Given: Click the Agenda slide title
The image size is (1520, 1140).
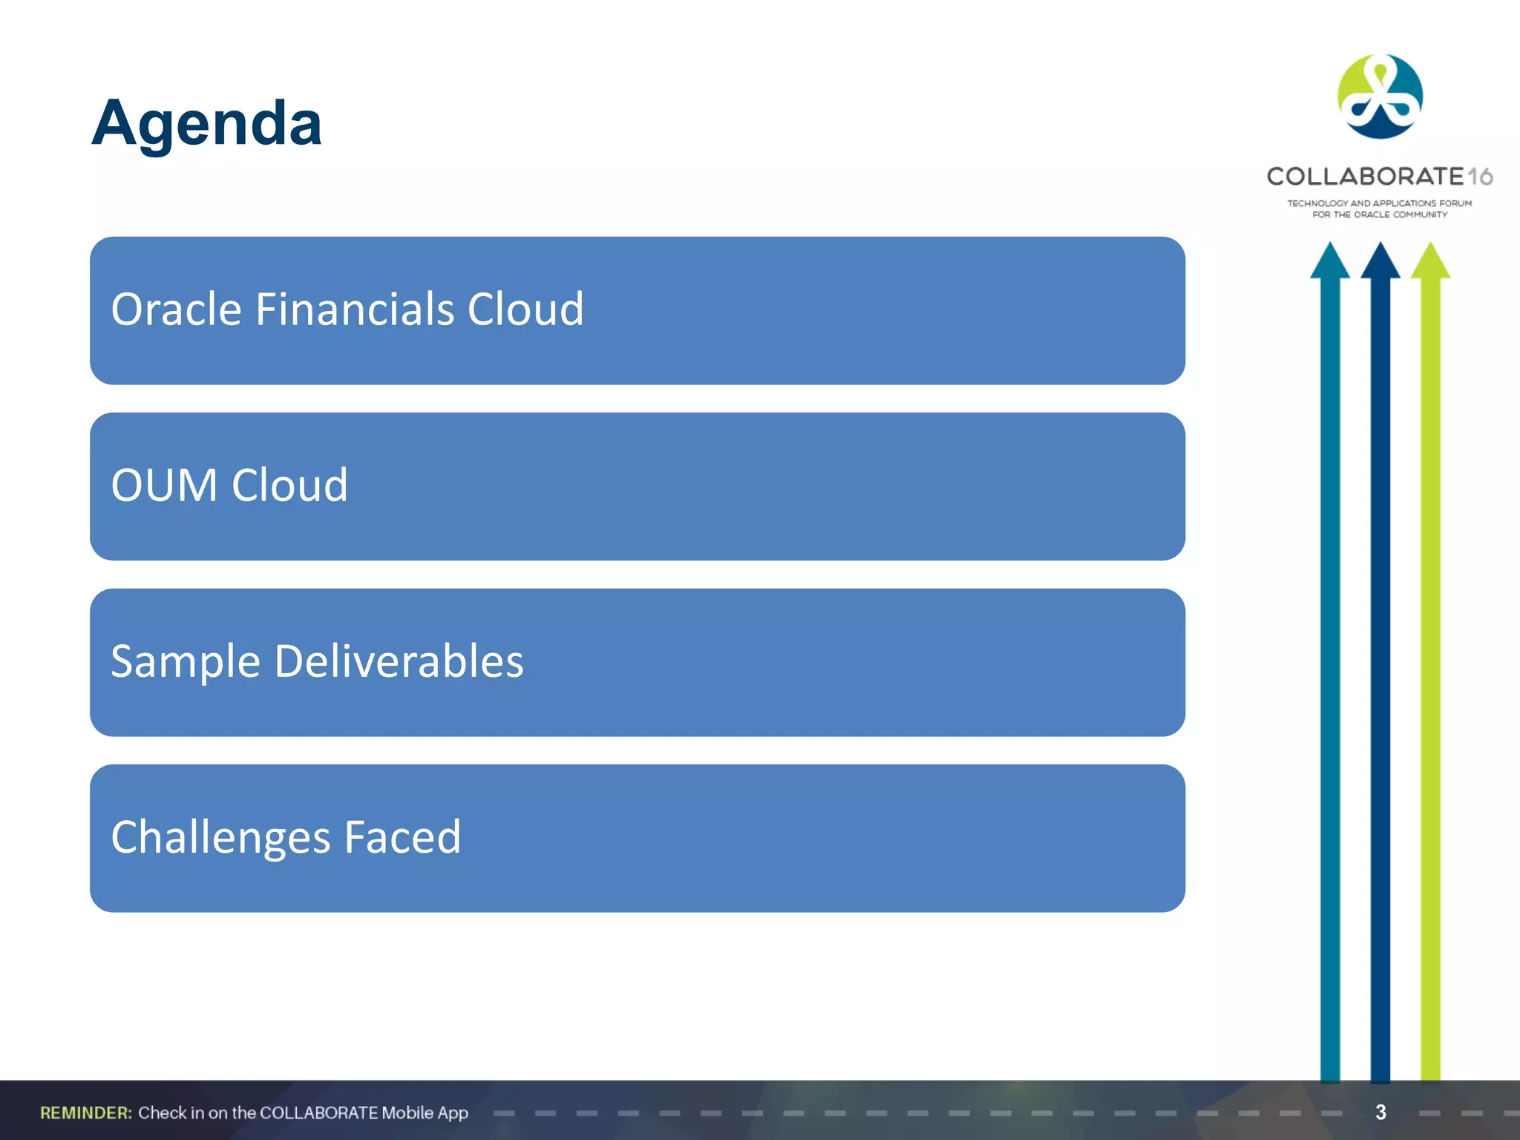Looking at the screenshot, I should click(206, 122).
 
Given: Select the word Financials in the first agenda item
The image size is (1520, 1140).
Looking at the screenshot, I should click(355, 309).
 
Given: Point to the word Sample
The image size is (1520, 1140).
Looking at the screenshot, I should click(186, 661).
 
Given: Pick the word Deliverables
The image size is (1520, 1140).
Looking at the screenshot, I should click(399, 661).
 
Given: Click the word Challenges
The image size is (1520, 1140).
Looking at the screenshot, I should click(220, 837).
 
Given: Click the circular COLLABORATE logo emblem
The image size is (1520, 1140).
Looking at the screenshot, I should click(1380, 96).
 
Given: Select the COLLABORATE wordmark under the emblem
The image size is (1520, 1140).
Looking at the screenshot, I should click(1364, 177).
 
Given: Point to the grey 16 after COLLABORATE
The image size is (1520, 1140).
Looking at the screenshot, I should click(1480, 177).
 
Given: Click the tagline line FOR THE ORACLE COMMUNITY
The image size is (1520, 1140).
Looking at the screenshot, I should click(1380, 214).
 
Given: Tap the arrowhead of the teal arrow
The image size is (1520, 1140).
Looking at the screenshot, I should click(1329, 261).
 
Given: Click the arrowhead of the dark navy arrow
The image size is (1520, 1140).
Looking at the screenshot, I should click(1380, 261).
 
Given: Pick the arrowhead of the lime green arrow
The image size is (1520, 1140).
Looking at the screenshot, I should click(1430, 261).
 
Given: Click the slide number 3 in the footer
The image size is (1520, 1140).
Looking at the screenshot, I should click(1380, 1112).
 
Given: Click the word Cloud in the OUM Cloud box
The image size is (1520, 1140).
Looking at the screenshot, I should click(289, 485).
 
